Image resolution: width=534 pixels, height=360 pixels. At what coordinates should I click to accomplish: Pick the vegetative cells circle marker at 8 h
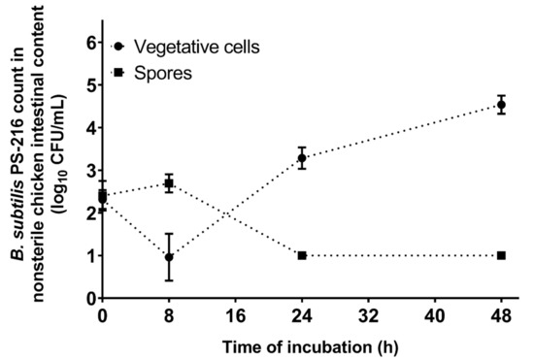169,257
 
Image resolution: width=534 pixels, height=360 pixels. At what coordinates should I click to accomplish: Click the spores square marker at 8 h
169,183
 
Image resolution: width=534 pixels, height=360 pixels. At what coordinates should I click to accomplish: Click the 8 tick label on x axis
169,316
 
